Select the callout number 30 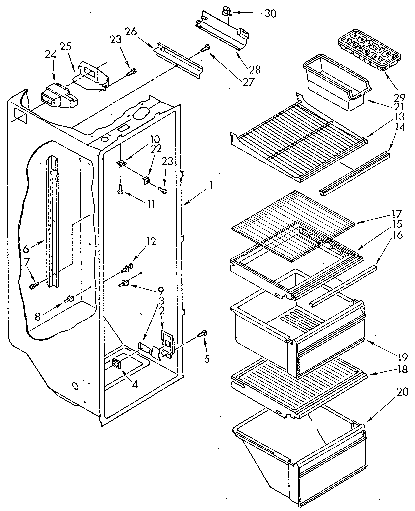(270, 13)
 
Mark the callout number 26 (131, 32)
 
